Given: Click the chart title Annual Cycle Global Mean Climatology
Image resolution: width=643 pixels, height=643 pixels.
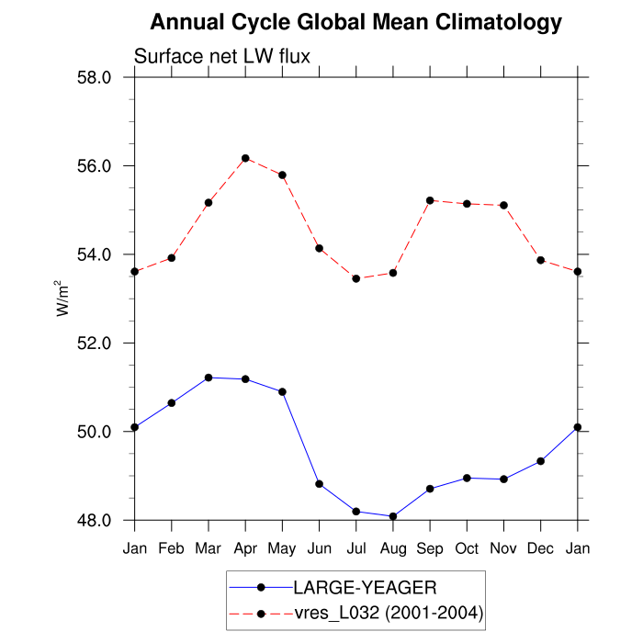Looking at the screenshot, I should [355, 21].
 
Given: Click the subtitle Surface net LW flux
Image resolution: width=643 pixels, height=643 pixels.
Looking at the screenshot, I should [222, 56].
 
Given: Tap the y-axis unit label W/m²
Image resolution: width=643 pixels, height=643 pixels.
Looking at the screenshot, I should [62, 299].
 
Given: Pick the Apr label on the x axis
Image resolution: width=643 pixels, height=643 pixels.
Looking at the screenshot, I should [245, 548].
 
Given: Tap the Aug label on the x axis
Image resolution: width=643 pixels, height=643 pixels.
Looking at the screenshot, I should [393, 548].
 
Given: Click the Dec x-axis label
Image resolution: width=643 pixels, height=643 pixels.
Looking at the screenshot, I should [540, 548].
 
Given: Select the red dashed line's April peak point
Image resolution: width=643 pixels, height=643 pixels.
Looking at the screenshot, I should [245, 158].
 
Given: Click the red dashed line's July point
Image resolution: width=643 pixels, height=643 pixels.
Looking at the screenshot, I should [356, 278].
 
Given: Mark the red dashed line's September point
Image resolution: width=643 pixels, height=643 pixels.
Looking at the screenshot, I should [430, 200].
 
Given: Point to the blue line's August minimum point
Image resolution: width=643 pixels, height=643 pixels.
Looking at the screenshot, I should [393, 516].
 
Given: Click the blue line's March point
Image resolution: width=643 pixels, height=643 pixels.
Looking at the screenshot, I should [209, 378].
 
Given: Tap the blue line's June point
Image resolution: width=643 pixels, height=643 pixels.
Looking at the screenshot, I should [320, 483].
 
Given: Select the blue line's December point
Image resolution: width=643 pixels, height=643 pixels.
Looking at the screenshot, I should [540, 461].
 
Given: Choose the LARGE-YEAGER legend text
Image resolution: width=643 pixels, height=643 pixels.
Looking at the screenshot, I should [358, 587].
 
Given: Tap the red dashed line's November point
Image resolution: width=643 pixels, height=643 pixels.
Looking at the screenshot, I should [503, 205].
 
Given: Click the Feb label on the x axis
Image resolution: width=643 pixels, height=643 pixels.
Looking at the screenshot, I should [172, 548].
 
